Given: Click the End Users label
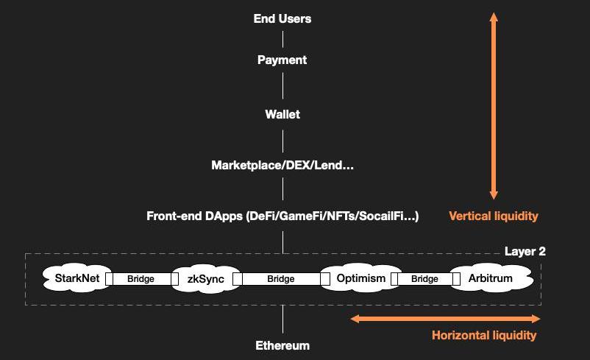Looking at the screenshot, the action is point(282,18).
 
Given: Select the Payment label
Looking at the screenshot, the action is point(282,60).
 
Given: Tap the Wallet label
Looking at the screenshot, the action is point(282,114).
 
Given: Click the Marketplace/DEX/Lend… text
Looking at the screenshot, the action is point(282,165).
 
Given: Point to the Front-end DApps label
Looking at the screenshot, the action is point(282,216).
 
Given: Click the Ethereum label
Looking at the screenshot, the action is point(282,345).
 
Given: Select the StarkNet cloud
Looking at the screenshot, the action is point(77,278).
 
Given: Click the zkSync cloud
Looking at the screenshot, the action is point(206,279).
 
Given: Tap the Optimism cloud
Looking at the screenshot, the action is point(361,278).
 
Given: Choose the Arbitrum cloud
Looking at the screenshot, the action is point(491,278).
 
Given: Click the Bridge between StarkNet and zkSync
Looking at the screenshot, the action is point(141,279).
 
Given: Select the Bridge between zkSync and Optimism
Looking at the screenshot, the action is point(281,279).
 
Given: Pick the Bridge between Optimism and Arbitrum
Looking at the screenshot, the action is point(425,279).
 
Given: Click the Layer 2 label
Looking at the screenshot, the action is point(525,251).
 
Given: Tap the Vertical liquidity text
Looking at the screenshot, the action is point(494,216).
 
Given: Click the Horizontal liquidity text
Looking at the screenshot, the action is point(484,335).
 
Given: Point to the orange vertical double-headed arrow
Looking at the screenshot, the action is point(494,106).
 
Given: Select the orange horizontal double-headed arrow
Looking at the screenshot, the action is point(445,319).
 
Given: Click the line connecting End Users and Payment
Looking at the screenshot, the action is point(283,39).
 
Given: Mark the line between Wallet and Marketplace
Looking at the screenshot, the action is point(283,141).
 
